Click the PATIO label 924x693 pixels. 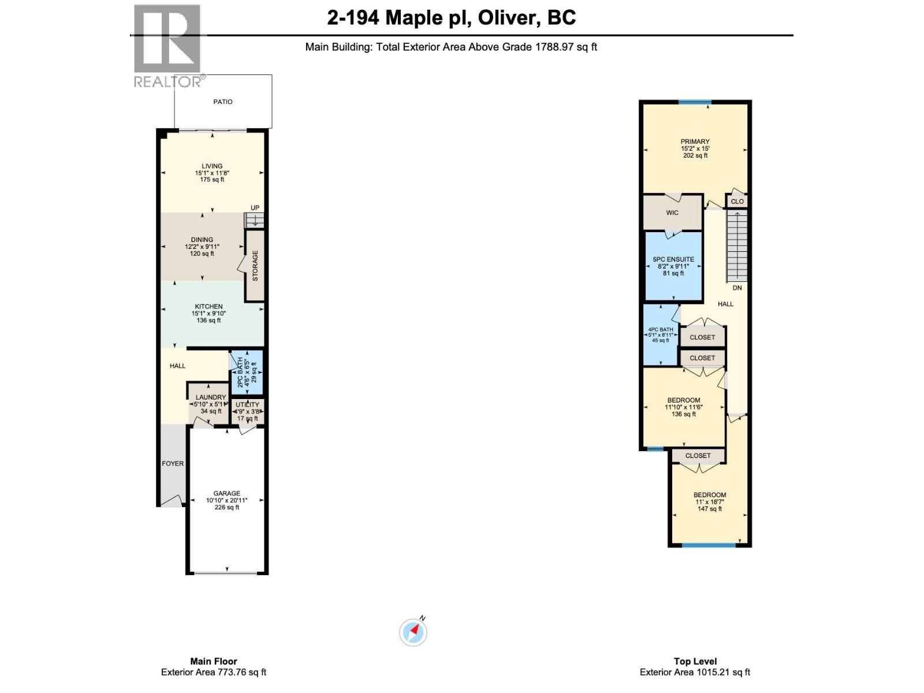coord(223,102)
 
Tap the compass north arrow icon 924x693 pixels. coord(413,632)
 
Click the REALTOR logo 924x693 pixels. coord(167,46)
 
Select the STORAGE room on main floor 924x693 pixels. coord(255,266)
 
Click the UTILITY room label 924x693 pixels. coord(247,405)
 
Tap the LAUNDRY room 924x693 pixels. coord(210,404)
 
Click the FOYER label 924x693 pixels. coord(173,463)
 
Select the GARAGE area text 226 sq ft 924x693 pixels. coord(226,507)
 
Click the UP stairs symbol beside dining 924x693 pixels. coord(254,219)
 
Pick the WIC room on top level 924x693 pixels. coord(672,213)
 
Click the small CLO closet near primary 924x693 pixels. coord(737,201)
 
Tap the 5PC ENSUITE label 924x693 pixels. coord(673,260)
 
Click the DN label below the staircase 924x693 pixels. coord(737,288)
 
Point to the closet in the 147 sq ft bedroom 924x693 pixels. coord(698,456)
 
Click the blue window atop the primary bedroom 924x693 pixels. coord(694,103)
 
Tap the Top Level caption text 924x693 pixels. coord(695,661)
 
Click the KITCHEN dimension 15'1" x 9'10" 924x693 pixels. coord(208,314)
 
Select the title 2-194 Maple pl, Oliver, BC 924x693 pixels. coord(451,17)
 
